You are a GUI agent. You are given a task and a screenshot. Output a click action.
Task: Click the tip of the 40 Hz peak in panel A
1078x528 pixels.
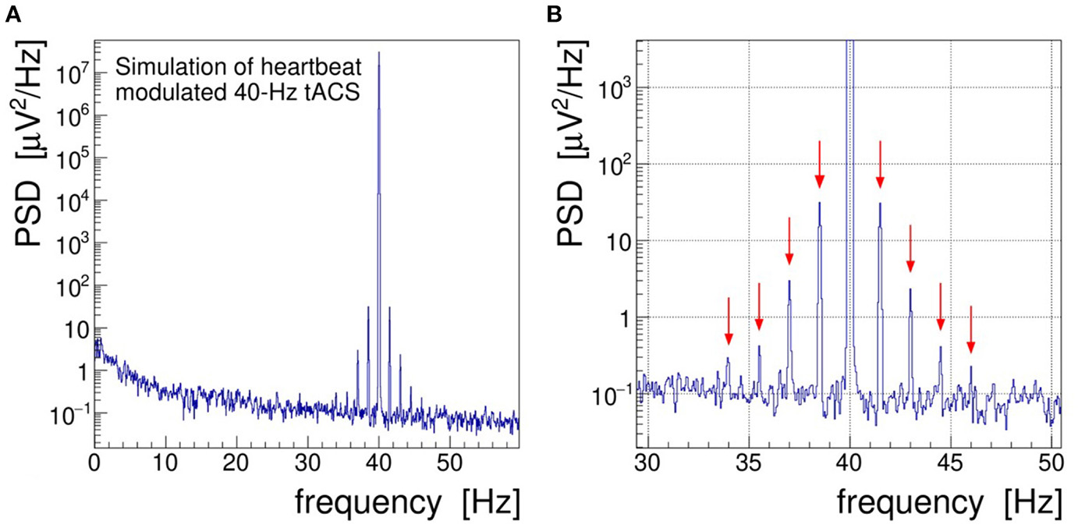[378, 53]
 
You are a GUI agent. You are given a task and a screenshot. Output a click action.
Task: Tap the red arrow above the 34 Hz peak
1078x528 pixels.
[729, 321]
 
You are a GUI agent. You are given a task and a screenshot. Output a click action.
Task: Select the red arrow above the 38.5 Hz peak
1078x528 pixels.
[819, 165]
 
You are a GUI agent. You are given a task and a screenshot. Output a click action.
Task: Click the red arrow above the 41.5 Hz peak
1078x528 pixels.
[880, 165]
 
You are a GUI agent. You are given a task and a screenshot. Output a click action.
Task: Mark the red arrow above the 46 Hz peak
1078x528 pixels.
[971, 330]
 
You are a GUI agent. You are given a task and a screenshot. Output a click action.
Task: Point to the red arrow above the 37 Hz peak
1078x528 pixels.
[789, 242]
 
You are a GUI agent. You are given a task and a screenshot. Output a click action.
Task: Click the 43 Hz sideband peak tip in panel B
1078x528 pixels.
[910, 289]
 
